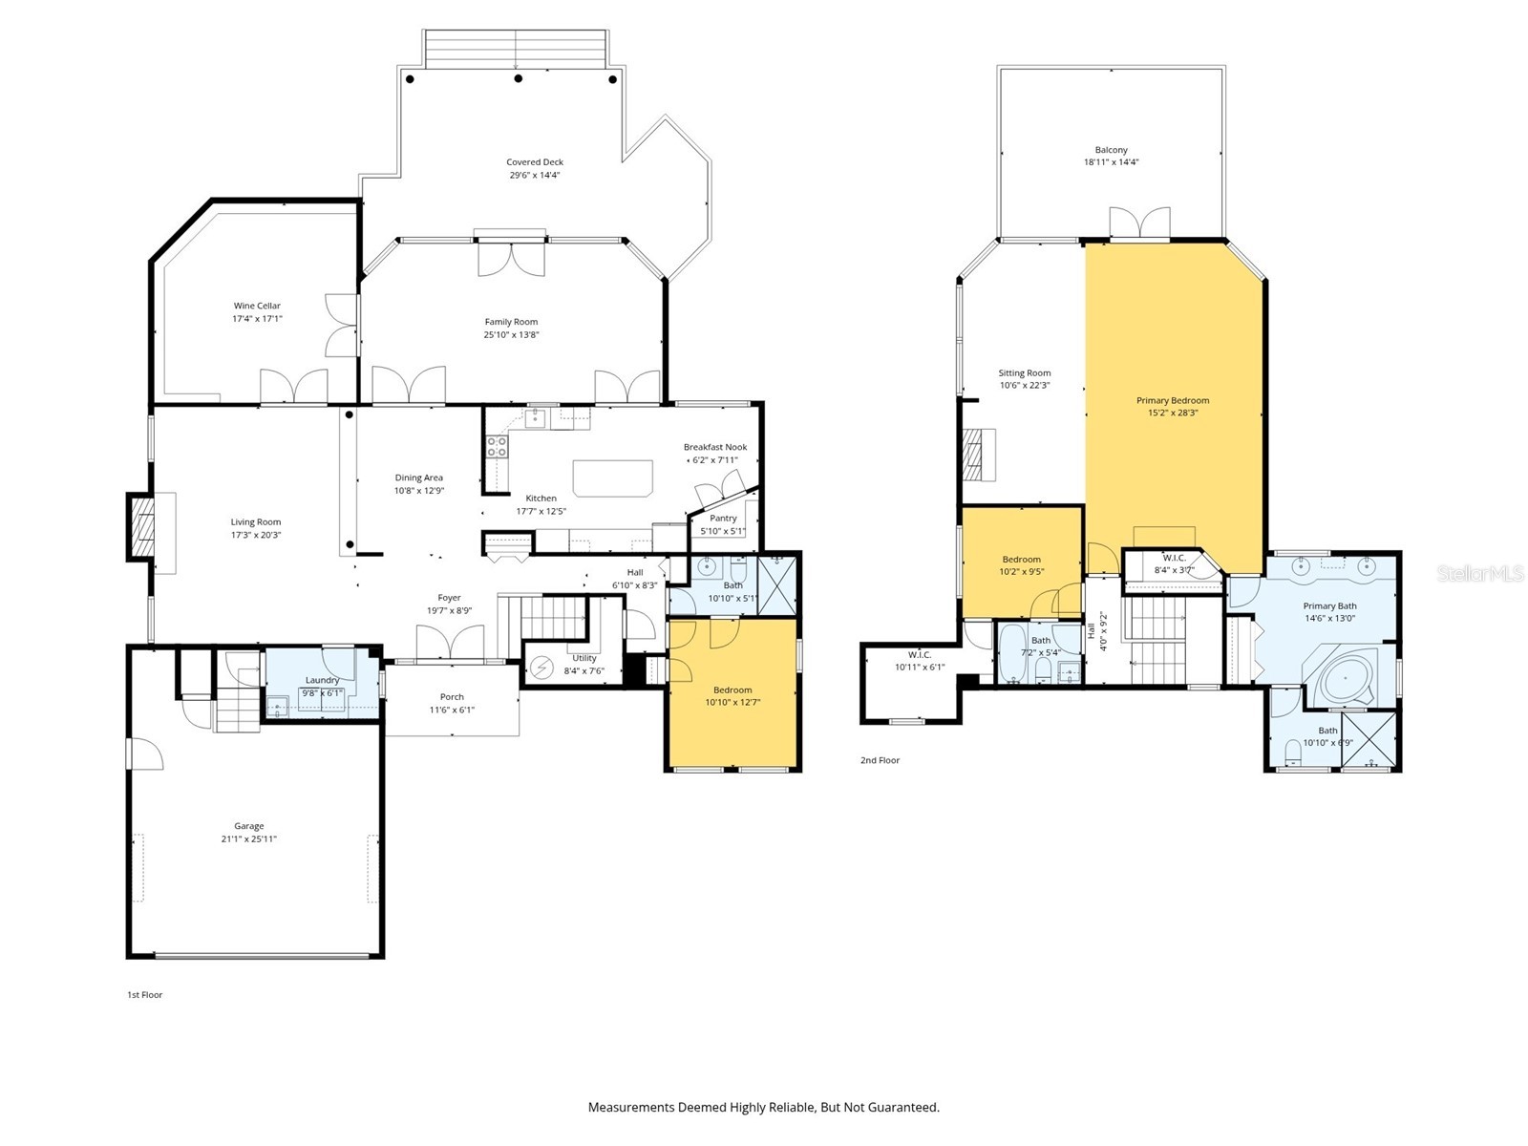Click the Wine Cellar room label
(x=257, y=307)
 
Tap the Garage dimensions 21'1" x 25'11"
(x=248, y=839)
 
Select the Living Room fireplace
(x=141, y=525)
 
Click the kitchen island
(x=612, y=477)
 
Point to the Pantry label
(x=723, y=519)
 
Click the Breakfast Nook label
(x=714, y=447)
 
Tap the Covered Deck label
(x=535, y=162)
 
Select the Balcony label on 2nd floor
(x=1111, y=150)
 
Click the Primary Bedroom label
(x=1173, y=401)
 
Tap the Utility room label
(x=584, y=658)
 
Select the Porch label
(x=452, y=697)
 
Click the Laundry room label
(x=322, y=680)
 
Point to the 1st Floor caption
(x=145, y=995)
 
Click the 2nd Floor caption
(x=880, y=760)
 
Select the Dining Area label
(x=419, y=477)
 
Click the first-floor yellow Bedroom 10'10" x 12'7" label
(x=732, y=690)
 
